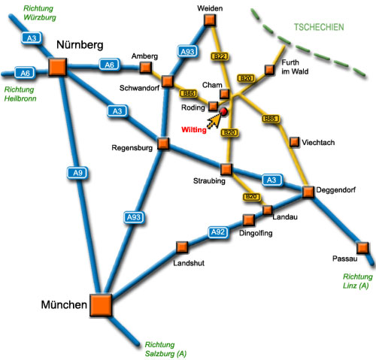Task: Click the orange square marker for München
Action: [101, 305]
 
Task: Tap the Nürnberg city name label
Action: [80, 45]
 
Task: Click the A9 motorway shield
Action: [77, 173]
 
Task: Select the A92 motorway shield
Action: [218, 232]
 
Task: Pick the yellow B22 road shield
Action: [220, 56]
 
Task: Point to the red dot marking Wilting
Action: [223, 111]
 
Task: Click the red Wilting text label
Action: [194, 130]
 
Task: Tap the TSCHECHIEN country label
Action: [319, 27]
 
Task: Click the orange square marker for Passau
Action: [362, 248]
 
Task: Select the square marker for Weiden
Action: [210, 20]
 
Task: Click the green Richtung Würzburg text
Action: [39, 13]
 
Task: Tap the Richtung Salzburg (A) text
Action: [165, 349]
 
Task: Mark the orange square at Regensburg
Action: [163, 144]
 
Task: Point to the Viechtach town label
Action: [318, 143]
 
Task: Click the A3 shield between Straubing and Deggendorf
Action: [272, 180]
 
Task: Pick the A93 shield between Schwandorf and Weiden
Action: [187, 52]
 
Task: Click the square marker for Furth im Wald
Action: [269, 70]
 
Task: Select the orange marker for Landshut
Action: [182, 247]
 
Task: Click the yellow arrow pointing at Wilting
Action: [214, 120]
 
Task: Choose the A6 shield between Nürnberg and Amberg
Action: [110, 65]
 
